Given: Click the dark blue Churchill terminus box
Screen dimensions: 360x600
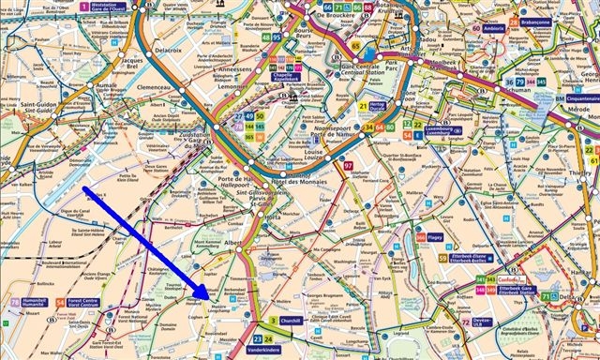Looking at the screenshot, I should coord(289,320).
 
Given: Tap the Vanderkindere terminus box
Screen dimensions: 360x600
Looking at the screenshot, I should coord(264,350).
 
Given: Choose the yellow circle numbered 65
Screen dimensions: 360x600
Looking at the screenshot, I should coord(356,45).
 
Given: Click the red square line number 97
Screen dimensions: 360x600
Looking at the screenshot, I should coord(349,165).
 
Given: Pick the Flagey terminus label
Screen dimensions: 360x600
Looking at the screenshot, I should coord(434,238).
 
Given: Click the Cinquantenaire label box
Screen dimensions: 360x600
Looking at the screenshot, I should coord(574,97).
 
